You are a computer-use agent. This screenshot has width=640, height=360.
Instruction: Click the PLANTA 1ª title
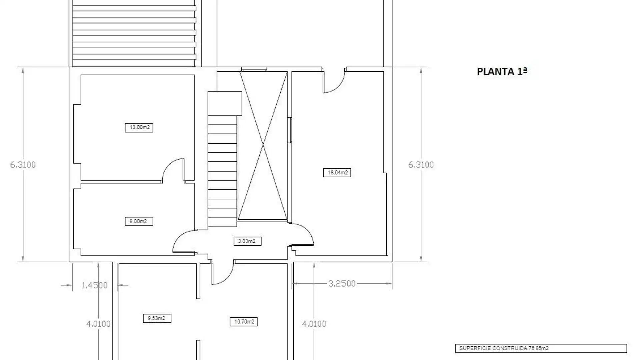point(502,72)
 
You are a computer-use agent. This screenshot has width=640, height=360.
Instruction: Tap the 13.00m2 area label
point(139,127)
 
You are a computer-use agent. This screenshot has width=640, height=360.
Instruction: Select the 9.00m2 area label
point(139,221)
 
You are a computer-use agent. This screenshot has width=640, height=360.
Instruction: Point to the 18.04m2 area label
point(337,173)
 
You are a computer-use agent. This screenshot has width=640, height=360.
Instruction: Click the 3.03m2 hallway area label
point(247,241)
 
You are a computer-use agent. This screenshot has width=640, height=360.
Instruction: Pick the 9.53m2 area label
point(157,318)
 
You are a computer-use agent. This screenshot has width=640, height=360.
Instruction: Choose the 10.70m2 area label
point(244,322)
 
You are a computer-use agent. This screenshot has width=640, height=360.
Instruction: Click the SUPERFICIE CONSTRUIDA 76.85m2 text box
point(541,348)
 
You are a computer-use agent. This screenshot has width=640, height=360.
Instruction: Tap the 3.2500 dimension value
point(342,284)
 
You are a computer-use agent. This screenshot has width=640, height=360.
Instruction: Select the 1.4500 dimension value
point(95,285)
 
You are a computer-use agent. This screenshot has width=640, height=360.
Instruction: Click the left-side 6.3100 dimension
point(23,165)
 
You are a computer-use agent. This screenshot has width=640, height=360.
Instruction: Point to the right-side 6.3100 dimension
point(421,165)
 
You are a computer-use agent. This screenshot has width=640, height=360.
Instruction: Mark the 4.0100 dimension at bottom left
point(98,324)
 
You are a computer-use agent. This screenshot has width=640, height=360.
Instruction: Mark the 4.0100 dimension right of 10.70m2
point(314,324)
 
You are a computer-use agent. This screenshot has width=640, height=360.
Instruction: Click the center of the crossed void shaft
point(263,146)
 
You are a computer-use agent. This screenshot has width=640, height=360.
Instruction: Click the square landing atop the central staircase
point(225,103)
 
